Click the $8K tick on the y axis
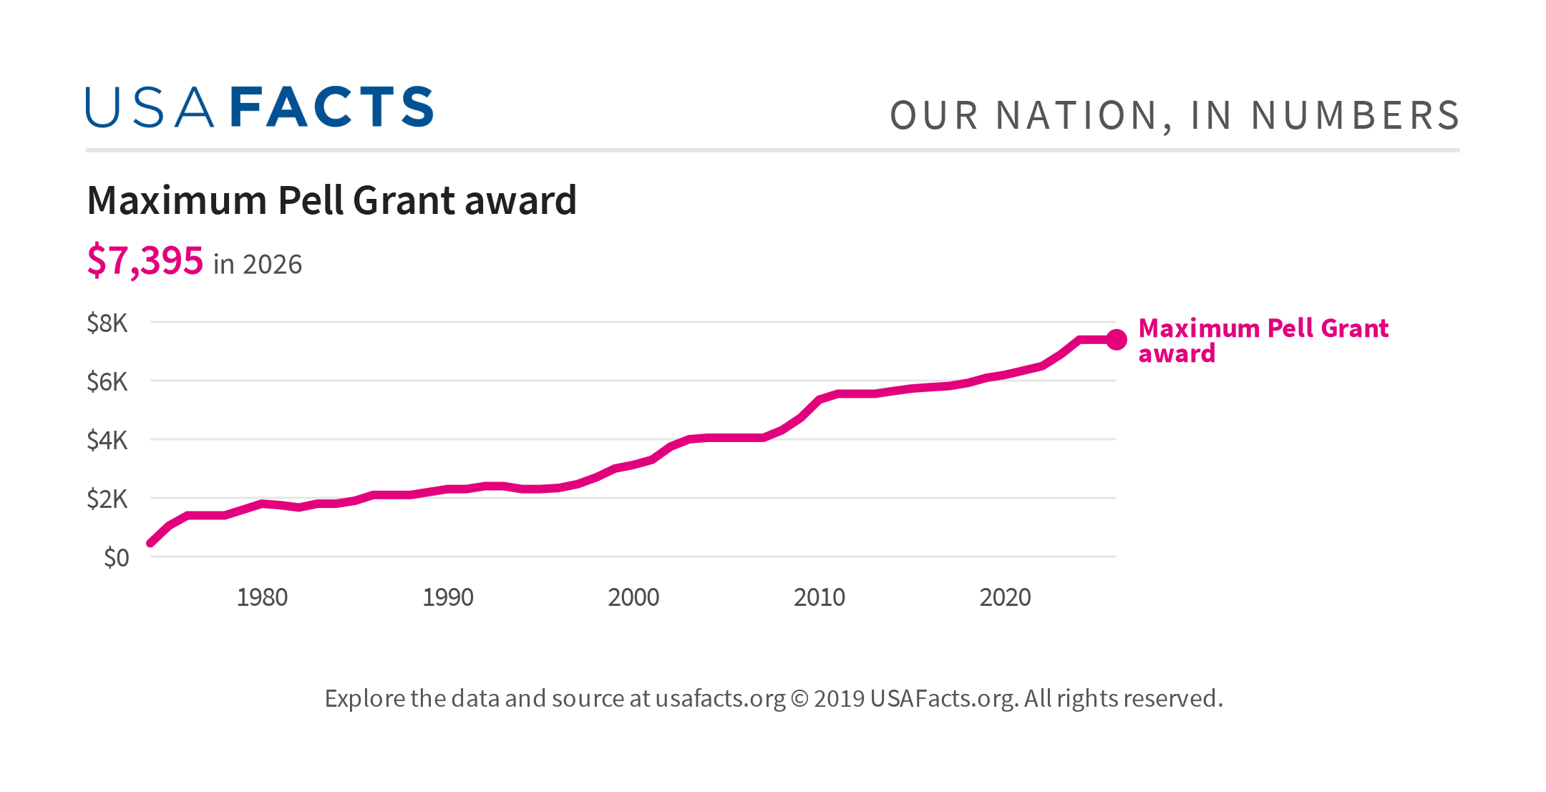107,323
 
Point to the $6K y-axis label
107,382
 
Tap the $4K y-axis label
107,441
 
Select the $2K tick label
107,499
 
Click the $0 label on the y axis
117,557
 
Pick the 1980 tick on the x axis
262,597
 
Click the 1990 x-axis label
448,597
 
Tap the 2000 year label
633,597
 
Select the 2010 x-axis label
820,597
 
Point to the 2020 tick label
1005,597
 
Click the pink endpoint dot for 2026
1117,340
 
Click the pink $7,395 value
145,260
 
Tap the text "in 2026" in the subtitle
258,265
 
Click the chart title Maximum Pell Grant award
331,200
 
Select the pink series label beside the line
1263,341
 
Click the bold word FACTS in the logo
332,108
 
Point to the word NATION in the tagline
1078,116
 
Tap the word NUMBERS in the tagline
1355,116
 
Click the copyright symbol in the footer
799,698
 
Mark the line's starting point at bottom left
150,543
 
